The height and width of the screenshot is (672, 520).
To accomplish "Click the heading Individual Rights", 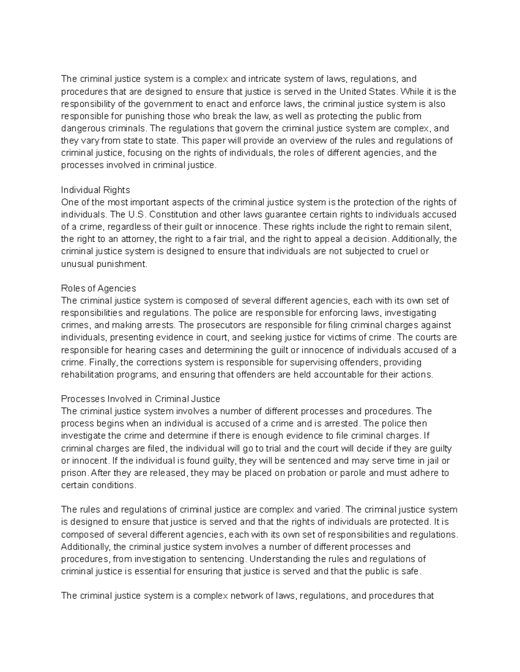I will coord(95,190).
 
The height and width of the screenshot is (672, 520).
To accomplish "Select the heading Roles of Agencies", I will coord(98,288).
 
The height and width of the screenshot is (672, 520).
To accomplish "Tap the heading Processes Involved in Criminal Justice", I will coord(140,399).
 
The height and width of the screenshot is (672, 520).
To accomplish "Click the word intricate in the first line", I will coord(263,79).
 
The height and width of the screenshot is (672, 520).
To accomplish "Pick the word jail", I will coord(434,460).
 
